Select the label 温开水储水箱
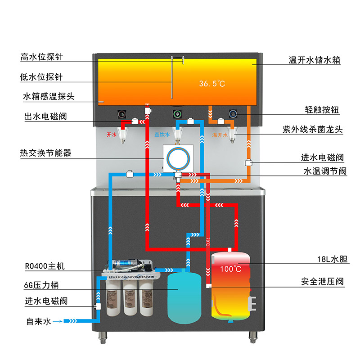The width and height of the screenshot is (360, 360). click(x=315, y=60)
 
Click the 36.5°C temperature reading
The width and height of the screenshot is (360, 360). click(x=212, y=84)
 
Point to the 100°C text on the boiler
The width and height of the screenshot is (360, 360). click(x=230, y=269)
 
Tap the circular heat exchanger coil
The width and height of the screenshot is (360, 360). click(x=179, y=158)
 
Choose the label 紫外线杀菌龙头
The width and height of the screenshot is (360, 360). click(x=313, y=130)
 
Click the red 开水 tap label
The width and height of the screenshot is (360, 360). click(x=111, y=135)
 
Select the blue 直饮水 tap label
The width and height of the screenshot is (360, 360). click(x=162, y=135)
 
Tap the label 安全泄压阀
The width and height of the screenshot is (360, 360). click(x=322, y=282)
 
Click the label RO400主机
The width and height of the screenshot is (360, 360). click(x=45, y=266)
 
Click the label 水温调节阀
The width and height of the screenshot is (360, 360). click(x=325, y=171)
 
